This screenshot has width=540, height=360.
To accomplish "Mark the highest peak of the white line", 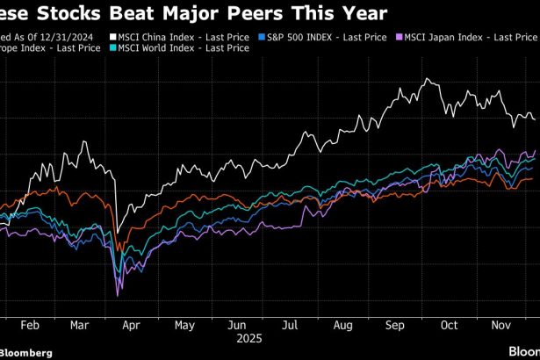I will pyautogui.click(x=428, y=79).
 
